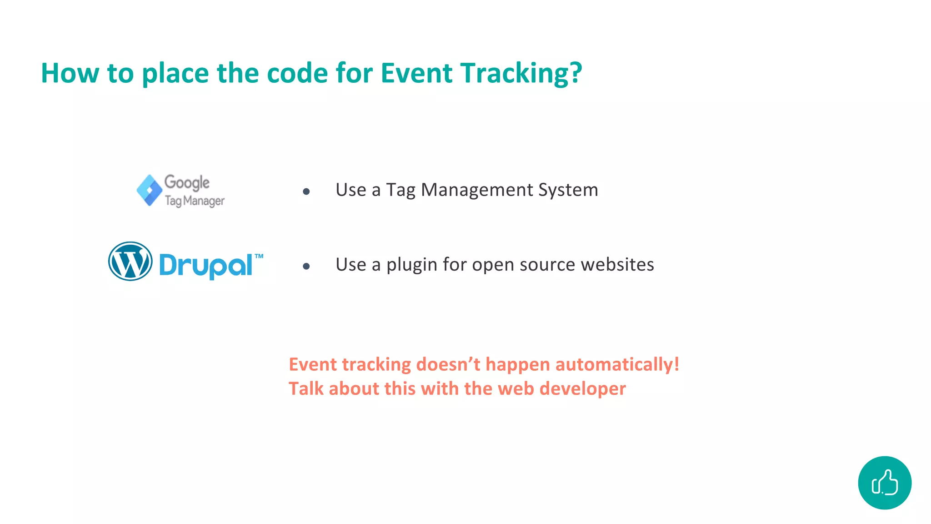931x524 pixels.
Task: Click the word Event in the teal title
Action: [416, 73]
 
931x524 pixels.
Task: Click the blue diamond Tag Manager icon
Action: [150, 190]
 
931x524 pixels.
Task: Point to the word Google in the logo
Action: [187, 182]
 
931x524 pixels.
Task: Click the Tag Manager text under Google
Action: [195, 201]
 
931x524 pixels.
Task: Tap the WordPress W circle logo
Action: [130, 261]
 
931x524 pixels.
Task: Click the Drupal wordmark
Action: [205, 265]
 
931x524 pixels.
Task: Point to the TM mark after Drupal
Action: [259, 256]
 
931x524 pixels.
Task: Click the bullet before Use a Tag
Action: [306, 191]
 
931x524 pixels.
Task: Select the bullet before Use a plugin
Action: [306, 266]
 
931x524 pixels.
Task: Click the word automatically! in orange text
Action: [617, 364]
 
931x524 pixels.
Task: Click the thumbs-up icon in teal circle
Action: [885, 483]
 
